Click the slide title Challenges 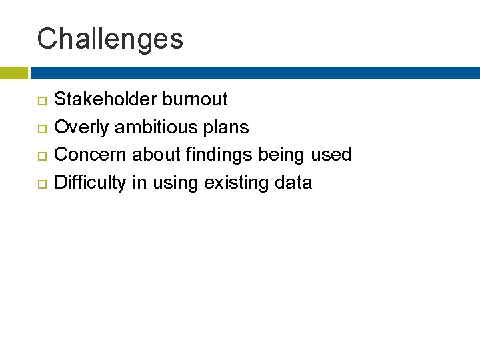click(x=110, y=39)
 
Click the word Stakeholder click(x=105, y=100)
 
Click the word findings click(x=219, y=155)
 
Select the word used click(x=333, y=155)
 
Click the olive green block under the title click(x=13, y=73)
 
